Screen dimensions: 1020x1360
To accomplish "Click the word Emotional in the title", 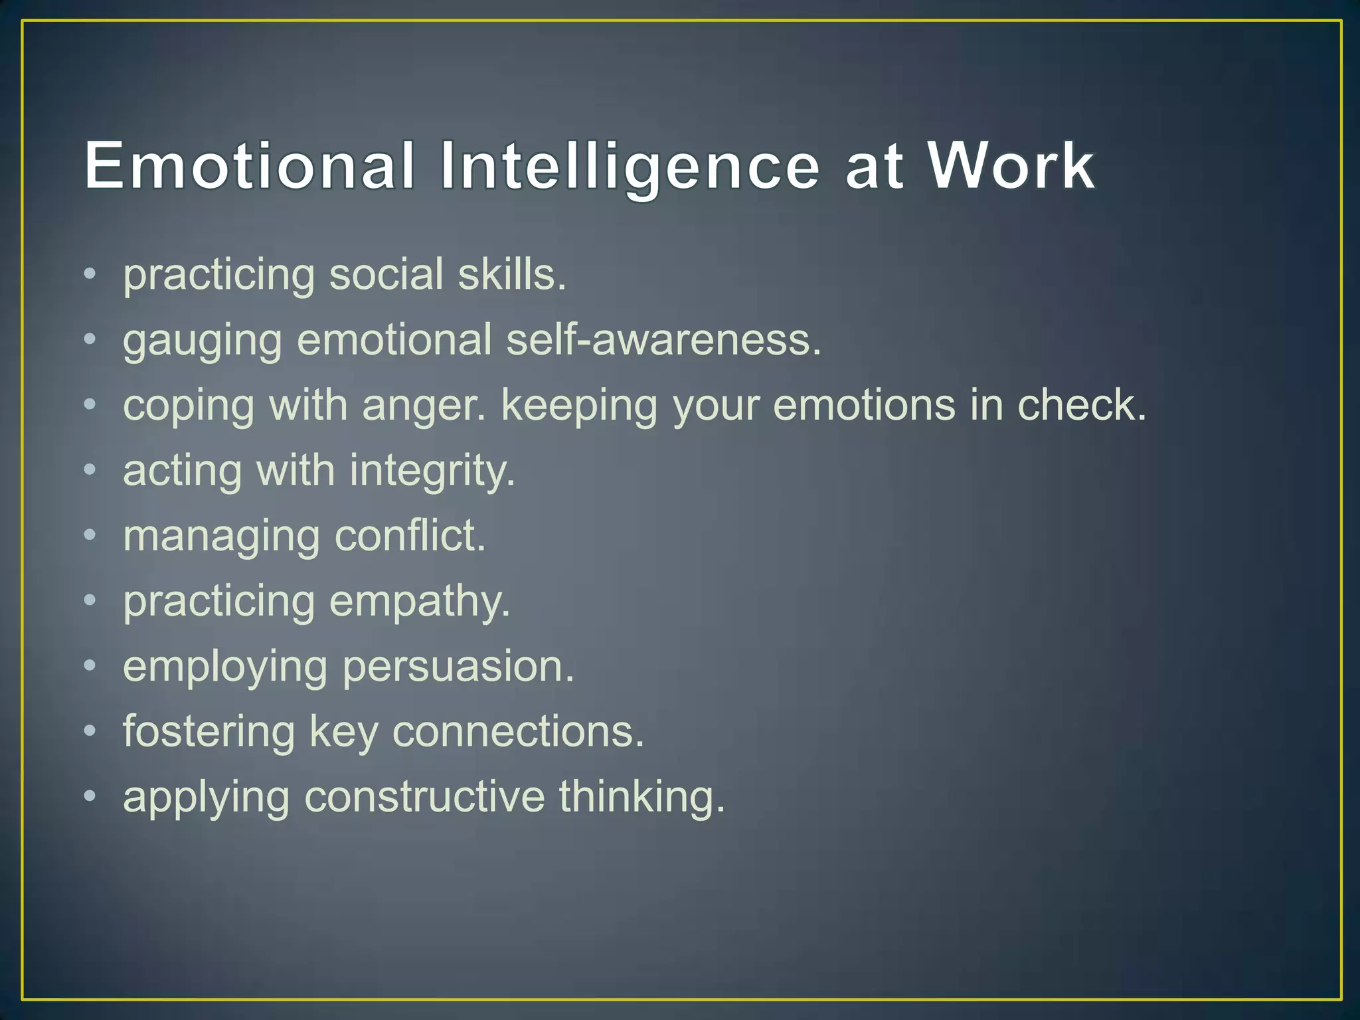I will click(249, 165).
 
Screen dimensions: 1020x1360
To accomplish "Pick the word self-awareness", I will click(663, 339).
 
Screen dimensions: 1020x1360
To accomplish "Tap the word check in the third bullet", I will click(1082, 404).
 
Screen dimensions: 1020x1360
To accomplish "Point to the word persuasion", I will click(458, 667).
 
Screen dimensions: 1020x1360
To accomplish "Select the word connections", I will click(518, 732).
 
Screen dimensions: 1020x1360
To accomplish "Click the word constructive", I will click(424, 796).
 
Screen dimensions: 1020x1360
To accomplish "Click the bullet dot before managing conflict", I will click(90, 534).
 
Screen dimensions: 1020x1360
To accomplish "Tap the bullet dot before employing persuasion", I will click(90, 665).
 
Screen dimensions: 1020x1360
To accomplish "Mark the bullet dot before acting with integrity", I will click(90, 469).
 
